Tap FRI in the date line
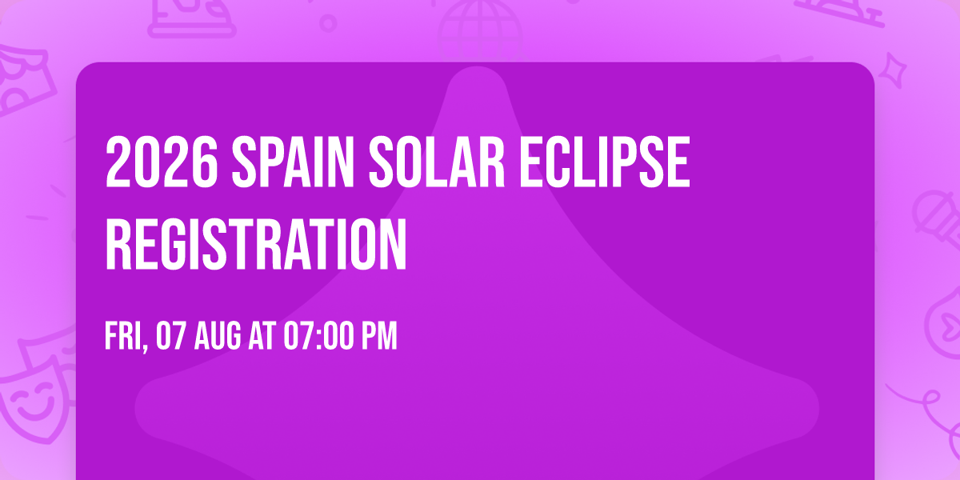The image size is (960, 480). click(x=122, y=337)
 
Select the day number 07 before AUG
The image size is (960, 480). click(x=173, y=337)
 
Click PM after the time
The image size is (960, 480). click(x=378, y=337)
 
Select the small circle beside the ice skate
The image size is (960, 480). click(x=328, y=22)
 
